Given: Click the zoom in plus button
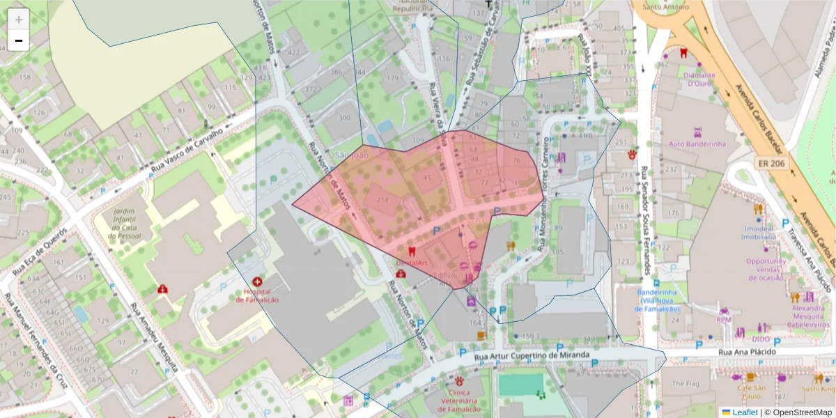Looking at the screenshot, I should click(x=18, y=19).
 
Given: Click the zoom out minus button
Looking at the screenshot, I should click(x=18, y=40).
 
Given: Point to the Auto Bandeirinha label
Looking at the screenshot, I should click(x=697, y=144).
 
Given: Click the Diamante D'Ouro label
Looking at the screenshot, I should click(x=699, y=79).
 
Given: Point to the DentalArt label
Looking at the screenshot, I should click(x=410, y=263).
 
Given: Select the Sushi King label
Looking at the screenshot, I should click(x=817, y=389).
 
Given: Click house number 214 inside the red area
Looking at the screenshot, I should click(x=382, y=200).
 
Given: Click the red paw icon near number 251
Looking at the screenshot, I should click(x=632, y=155).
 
